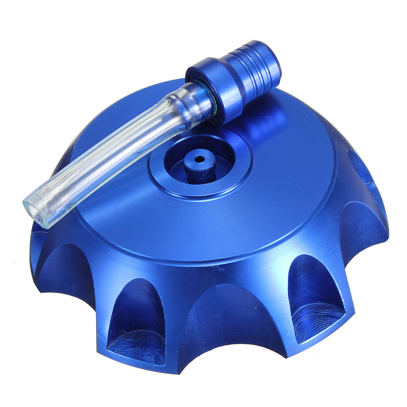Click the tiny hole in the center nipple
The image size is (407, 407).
coord(200,159)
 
